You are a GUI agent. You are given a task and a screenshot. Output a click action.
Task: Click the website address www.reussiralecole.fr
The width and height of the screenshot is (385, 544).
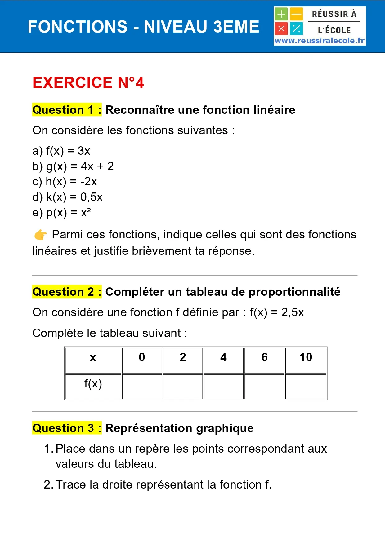(320, 41)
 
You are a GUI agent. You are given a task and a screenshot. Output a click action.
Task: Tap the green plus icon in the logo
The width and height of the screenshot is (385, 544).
(281, 14)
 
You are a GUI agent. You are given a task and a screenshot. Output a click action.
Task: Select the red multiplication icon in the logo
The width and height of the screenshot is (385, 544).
(281, 29)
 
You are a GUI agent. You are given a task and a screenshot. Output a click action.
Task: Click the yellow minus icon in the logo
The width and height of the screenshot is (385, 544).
(296, 14)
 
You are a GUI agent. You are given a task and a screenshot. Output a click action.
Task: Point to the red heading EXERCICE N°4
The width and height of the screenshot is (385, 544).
(88, 83)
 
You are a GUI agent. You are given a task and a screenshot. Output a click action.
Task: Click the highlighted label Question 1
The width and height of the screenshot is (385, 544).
(67, 110)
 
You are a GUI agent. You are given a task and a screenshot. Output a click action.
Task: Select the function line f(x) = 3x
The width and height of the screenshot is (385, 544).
(61, 151)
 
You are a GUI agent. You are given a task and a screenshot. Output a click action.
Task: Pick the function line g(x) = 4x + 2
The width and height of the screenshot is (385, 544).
(73, 166)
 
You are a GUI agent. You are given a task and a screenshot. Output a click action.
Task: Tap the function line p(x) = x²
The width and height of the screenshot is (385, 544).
(61, 213)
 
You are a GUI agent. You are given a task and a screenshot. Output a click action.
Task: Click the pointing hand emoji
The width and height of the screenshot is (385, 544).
(40, 235)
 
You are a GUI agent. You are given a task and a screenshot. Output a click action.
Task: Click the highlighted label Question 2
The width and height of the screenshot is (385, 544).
(67, 292)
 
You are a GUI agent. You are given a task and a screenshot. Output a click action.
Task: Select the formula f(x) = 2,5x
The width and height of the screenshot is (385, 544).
(277, 312)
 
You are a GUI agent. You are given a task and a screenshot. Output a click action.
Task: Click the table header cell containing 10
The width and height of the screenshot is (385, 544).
(306, 357)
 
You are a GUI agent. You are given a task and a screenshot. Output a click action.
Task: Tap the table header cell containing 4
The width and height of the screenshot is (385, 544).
(223, 357)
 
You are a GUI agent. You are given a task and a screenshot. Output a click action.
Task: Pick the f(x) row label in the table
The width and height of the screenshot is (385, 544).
(93, 384)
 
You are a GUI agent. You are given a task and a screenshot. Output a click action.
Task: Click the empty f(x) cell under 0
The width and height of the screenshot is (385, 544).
(142, 387)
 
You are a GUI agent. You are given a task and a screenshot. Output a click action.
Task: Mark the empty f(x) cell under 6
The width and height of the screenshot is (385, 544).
(264, 387)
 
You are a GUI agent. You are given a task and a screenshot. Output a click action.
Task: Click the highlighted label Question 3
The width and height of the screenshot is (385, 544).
(67, 428)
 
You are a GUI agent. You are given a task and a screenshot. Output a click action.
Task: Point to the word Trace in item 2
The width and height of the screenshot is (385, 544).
(71, 484)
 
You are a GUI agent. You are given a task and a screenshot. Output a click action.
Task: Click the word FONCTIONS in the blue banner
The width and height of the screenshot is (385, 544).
(78, 27)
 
